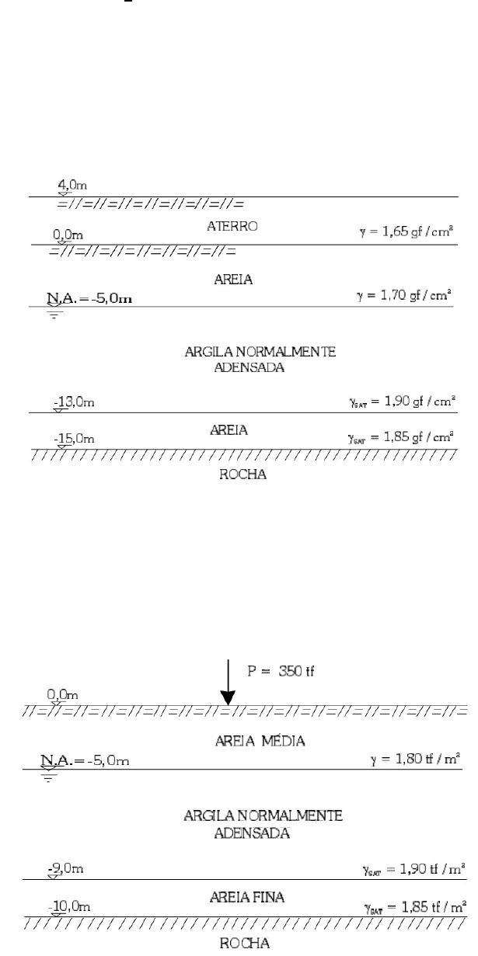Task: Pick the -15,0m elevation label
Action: [x=75, y=439]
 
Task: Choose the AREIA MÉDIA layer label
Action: [x=260, y=741]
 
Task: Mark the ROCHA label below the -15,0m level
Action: [x=245, y=475]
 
